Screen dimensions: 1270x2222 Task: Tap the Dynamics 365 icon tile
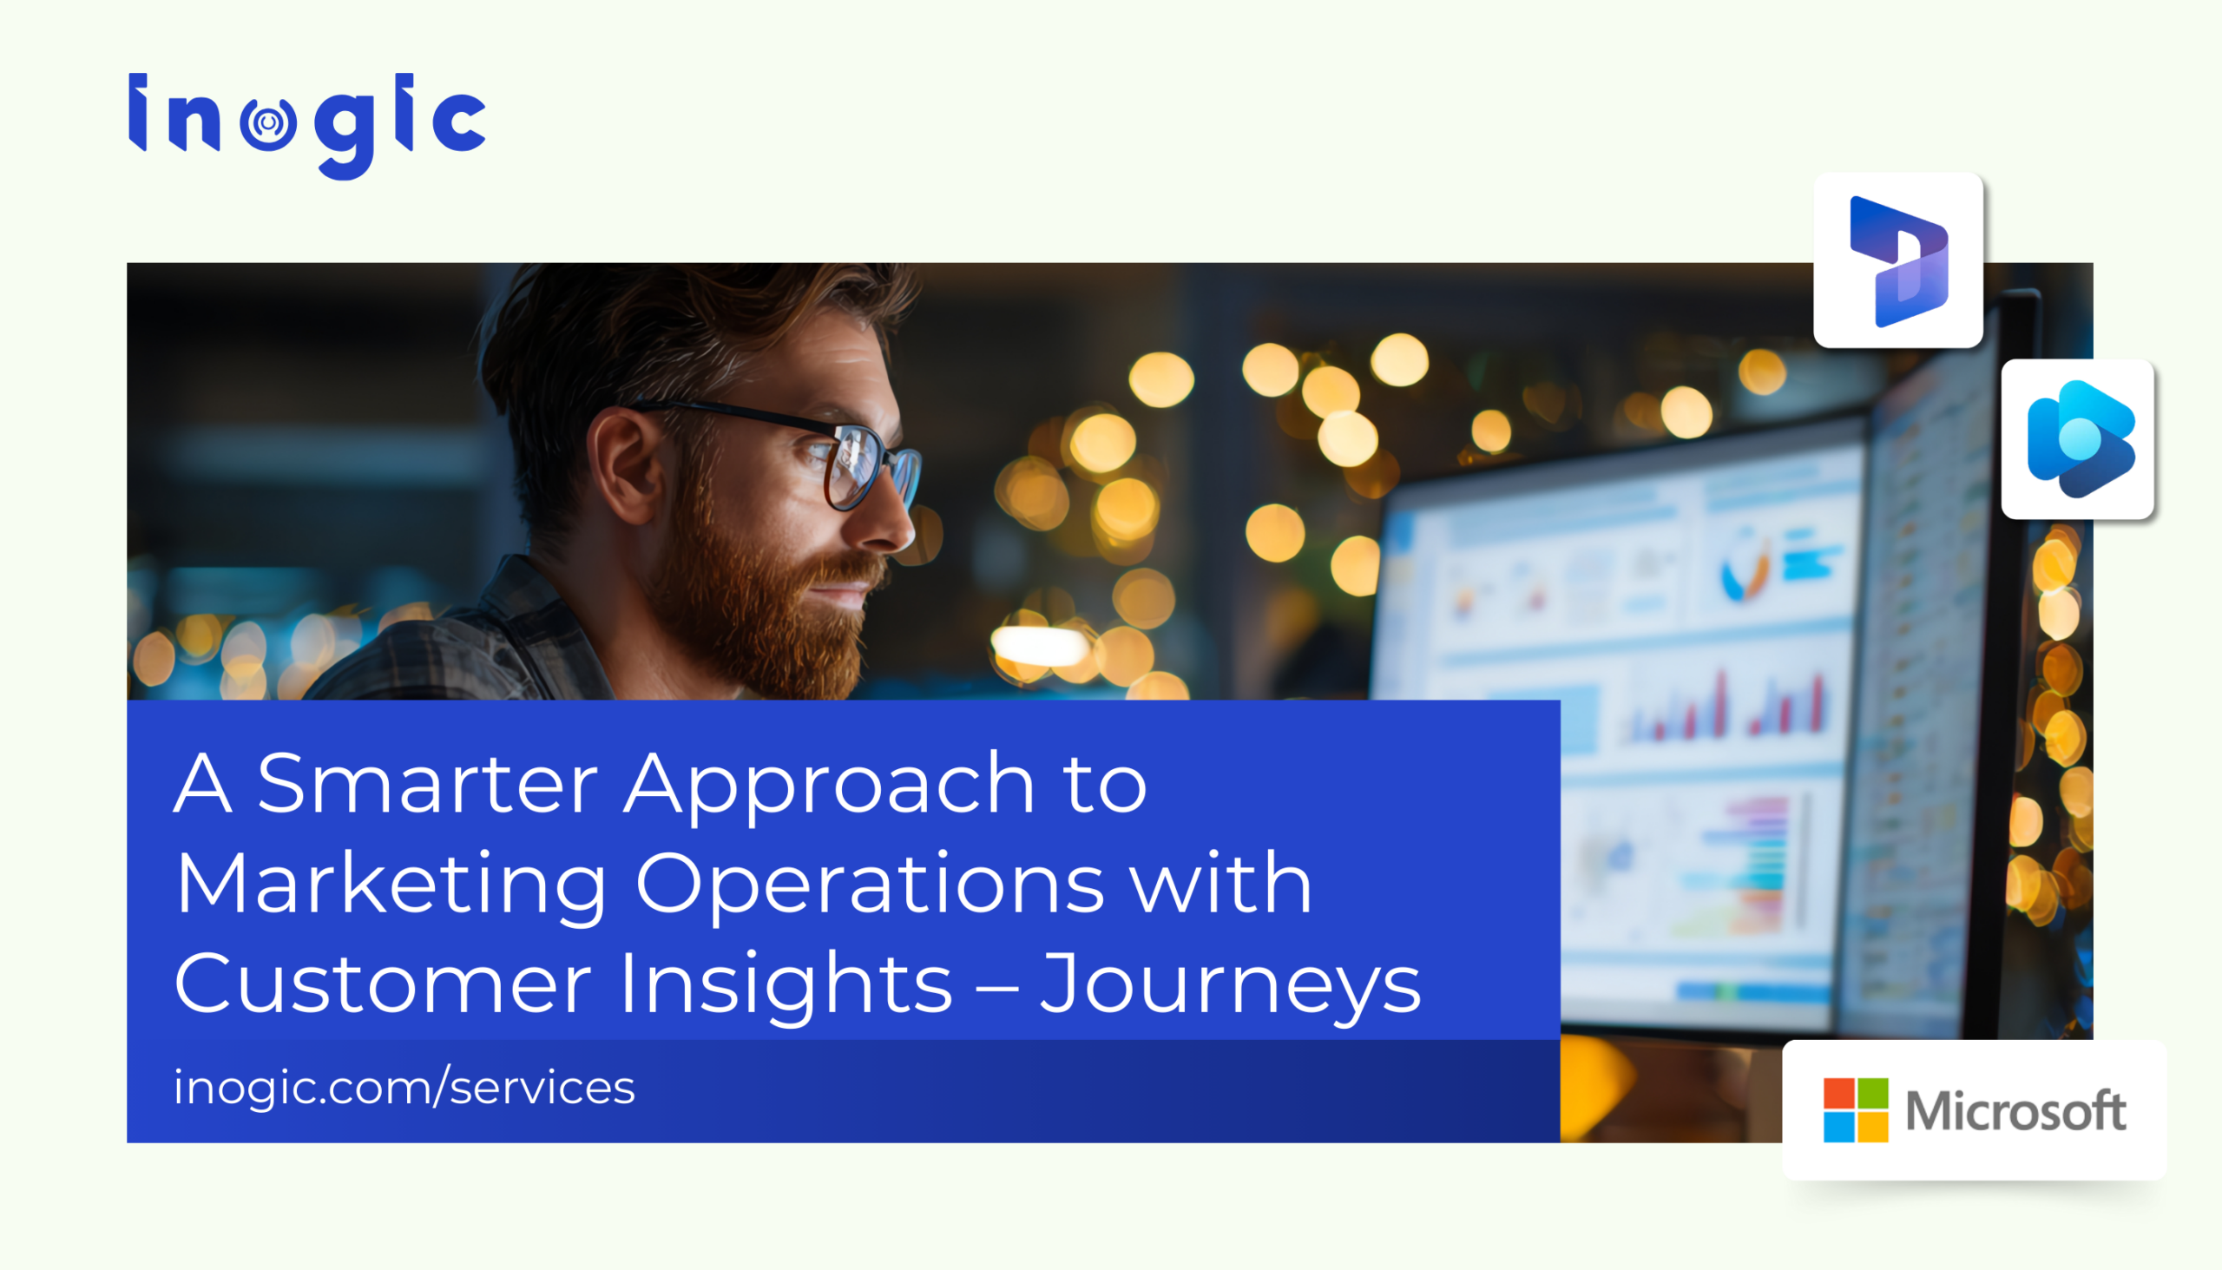1897,260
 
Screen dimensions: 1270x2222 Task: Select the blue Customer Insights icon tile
2077,439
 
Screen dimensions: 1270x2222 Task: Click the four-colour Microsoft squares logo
1856,1109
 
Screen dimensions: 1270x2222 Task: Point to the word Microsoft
2015,1111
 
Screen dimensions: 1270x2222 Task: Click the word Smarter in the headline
427,782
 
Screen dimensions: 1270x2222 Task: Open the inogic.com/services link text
404,1088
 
